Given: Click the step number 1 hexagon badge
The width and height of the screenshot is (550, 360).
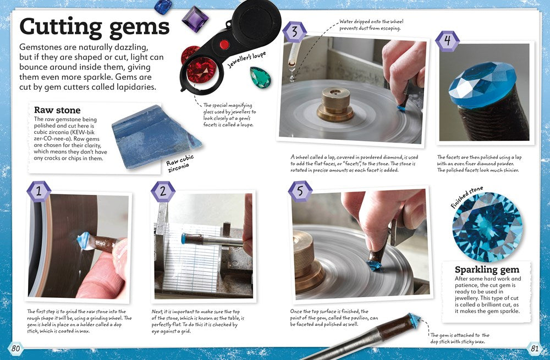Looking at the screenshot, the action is click(x=39, y=191).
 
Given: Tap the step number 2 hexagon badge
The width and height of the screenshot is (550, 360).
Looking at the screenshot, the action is click(x=163, y=191).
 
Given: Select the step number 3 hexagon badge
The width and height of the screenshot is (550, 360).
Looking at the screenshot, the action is click(x=295, y=32).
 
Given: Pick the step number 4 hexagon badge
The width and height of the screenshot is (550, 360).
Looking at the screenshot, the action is click(x=447, y=41).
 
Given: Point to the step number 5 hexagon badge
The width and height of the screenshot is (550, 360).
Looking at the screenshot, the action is click(x=300, y=191).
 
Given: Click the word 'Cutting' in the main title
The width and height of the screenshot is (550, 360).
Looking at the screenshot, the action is click(x=60, y=27).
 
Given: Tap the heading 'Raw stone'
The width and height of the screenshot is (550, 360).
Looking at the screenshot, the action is click(x=57, y=110).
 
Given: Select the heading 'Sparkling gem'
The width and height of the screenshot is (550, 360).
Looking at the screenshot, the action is click(x=487, y=270).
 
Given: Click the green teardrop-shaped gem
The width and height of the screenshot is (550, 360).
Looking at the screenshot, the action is click(x=261, y=77).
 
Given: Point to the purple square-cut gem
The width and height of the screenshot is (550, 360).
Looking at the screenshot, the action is click(x=195, y=19).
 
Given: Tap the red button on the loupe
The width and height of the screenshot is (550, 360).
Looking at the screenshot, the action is click(x=224, y=45).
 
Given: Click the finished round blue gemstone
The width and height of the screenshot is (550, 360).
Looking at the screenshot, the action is click(x=487, y=227).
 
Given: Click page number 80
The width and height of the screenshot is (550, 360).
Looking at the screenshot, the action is click(x=16, y=348).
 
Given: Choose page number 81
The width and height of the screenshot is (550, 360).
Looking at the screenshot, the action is click(x=534, y=348).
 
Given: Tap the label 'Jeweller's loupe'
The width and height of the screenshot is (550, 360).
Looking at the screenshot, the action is click(x=246, y=59).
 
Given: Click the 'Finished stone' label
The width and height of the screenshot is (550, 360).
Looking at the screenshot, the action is click(x=467, y=198).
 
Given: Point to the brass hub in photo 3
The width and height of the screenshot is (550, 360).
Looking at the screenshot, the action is click(x=335, y=105).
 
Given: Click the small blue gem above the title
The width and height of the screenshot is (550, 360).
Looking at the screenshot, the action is click(x=163, y=7).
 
